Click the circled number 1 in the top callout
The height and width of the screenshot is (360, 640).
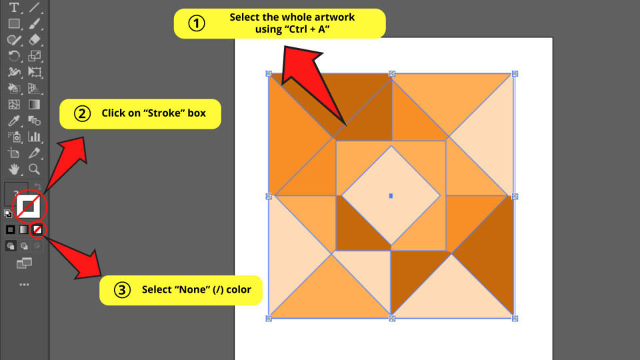(195, 23)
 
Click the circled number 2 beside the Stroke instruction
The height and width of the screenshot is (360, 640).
(82, 113)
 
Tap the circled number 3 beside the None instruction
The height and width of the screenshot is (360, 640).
(122, 290)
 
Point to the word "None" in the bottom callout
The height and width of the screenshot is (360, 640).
(191, 290)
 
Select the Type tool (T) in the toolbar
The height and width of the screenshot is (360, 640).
(13, 7)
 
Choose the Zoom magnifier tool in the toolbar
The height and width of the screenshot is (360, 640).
(34, 169)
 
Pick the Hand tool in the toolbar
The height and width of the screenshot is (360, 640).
(13, 169)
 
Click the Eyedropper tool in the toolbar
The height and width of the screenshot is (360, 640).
(13, 121)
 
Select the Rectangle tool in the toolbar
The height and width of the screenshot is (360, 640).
(13, 23)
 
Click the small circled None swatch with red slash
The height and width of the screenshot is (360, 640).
(38, 229)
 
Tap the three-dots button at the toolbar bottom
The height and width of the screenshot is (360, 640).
(24, 285)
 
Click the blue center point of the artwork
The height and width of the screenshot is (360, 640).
(391, 195)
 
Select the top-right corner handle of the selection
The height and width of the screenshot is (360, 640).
(515, 73)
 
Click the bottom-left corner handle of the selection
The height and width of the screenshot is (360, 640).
(269, 318)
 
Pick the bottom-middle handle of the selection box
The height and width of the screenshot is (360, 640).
(392, 318)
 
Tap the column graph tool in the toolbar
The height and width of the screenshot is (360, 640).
(34, 137)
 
